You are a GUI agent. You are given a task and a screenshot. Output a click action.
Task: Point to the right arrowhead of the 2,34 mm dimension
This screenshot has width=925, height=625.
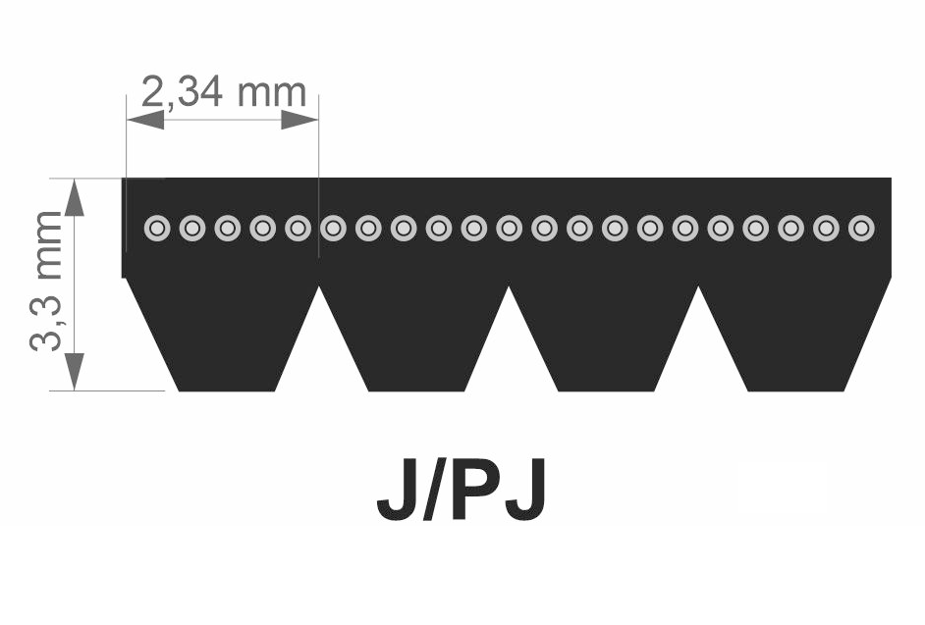tap(299, 120)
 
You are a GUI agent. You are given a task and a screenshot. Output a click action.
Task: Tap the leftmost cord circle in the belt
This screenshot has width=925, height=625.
tap(157, 229)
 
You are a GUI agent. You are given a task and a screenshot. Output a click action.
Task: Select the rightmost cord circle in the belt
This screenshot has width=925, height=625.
tap(861, 229)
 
